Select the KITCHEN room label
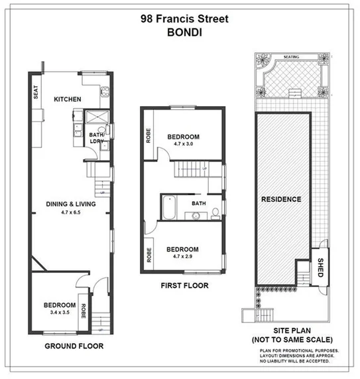tap(68, 100)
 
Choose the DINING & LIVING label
tap(67, 204)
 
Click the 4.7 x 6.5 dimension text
tap(67, 213)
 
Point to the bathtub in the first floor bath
tap(168, 208)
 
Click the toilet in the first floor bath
tap(216, 212)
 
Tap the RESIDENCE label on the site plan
tap(281, 199)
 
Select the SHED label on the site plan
tap(321, 265)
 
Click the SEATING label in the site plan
tap(291, 58)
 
